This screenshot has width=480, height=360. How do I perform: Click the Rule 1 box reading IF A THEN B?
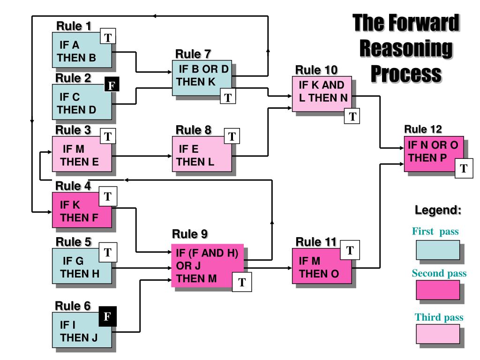(82, 50)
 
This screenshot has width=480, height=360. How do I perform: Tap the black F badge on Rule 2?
(112, 84)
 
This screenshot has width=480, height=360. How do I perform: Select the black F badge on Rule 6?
(107, 316)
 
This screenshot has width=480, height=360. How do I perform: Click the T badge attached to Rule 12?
(464, 168)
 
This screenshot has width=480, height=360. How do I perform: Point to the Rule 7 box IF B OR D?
(202, 78)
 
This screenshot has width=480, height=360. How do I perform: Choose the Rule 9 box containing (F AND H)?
(207, 265)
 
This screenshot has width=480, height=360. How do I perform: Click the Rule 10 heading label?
(316, 70)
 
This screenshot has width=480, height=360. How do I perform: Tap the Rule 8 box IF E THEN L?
(202, 154)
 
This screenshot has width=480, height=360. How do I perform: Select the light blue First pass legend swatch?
(438, 250)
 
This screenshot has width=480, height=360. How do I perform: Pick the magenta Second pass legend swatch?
(438, 290)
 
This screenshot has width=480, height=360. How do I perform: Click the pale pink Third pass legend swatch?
(438, 334)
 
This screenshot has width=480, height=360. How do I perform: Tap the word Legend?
(438, 210)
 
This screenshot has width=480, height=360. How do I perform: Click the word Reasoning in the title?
(406, 48)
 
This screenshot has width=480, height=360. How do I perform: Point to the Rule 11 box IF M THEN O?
(322, 266)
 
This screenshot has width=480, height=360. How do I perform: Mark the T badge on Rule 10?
(352, 116)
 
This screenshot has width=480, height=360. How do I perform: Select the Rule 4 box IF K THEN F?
(82, 210)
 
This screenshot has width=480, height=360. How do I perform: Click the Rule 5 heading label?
(74, 242)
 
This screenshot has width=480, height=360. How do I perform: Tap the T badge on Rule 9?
(242, 282)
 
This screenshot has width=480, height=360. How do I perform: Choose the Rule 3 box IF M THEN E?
(82, 154)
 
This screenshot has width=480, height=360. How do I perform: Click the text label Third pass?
(439, 317)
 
